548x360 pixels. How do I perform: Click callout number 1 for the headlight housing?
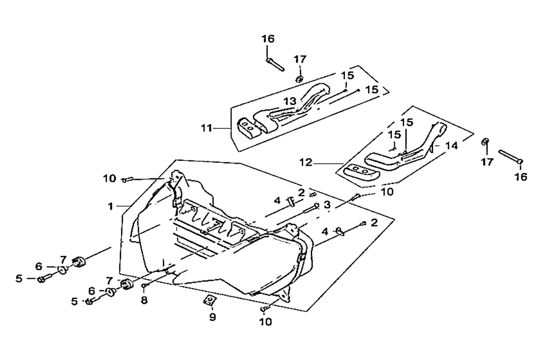tap(110, 206)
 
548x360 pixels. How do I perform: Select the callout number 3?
tap(327, 205)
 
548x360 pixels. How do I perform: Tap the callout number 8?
tap(144, 300)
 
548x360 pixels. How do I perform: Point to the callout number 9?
tap(212, 317)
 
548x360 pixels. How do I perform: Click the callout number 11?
tap(207, 129)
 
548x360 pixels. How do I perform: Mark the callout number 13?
tap(290, 101)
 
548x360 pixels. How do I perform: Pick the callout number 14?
tap(452, 146)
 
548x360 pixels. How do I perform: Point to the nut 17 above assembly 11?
tap(299, 79)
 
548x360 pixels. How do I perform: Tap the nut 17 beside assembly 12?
tap(486, 142)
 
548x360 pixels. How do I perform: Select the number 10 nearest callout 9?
tap(266, 322)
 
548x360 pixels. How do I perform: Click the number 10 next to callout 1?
tap(110, 179)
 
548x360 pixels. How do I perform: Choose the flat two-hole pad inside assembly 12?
tap(361, 170)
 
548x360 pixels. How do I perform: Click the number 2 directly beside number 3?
tap(301, 193)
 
